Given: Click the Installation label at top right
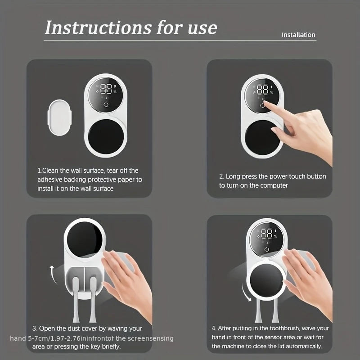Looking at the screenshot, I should point(298,35).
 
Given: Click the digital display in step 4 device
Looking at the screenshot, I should point(266,234).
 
